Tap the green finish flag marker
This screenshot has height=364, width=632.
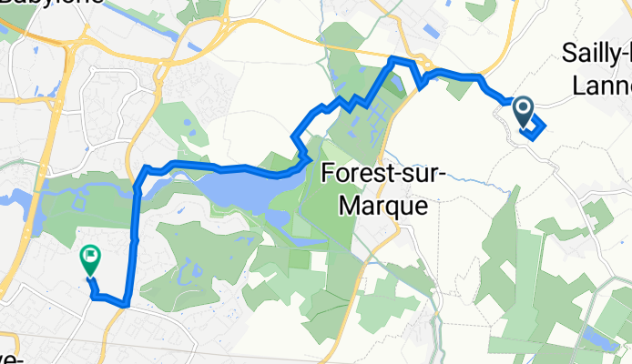tap(91, 260)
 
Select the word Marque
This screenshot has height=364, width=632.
tap(382, 206)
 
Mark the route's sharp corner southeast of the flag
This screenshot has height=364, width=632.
tap(125, 303)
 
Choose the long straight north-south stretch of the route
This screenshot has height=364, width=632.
tap(137, 237)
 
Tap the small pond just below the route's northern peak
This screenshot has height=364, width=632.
tap(399, 86)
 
